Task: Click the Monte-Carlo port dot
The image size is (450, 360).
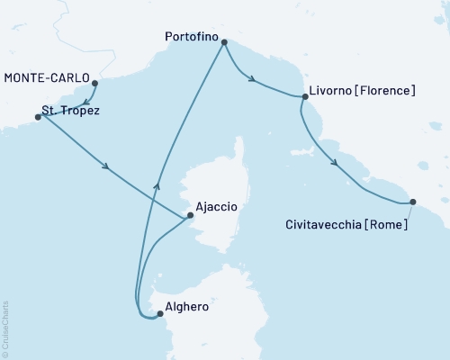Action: coord(95,84)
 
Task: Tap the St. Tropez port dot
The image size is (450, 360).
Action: coord(38,117)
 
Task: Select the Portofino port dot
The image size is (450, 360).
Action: coord(224,42)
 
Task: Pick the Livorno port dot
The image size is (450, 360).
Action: coord(305,95)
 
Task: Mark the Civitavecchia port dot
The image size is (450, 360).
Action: coord(413,202)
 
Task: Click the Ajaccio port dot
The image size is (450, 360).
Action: coord(190,215)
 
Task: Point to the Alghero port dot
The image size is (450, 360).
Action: coord(160,314)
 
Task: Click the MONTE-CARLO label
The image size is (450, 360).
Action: coord(47,78)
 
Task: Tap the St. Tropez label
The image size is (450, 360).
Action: coord(71,112)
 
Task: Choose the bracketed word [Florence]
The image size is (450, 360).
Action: coord(385,91)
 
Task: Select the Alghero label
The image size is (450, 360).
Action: coord(188,307)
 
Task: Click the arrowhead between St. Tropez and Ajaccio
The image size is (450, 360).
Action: coord(107,166)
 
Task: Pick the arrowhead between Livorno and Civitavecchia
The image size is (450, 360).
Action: coord(335,163)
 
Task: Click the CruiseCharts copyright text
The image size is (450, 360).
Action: coord(5,328)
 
